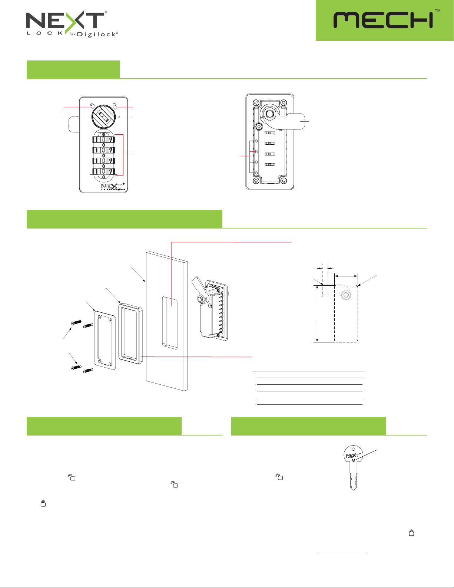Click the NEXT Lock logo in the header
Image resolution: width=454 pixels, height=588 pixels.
tap(72, 24)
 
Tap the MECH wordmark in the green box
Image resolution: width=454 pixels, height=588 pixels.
tap(383, 20)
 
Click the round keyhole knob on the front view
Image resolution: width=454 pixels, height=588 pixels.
tap(103, 117)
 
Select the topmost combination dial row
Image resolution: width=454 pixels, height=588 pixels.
tap(103, 139)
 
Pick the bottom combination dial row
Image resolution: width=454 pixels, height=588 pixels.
tap(103, 171)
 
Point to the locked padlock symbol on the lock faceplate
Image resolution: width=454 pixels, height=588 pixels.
tap(92, 105)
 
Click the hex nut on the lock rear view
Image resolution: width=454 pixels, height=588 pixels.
tap(269, 114)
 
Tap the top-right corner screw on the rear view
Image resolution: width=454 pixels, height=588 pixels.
tap(284, 103)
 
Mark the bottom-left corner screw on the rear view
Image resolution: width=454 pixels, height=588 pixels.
tap(256, 181)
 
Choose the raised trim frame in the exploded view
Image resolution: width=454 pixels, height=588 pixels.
tap(130, 333)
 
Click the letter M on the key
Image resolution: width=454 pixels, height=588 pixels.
tap(353, 460)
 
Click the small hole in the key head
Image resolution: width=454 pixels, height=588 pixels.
tap(353, 449)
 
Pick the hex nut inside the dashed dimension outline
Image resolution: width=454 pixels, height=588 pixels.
tap(346, 295)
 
